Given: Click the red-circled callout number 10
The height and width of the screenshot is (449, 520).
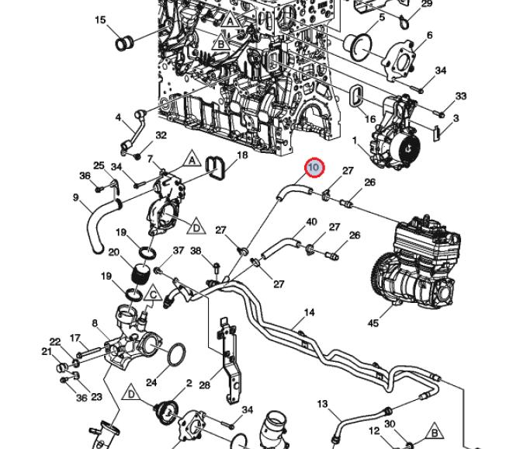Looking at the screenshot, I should point(314,168).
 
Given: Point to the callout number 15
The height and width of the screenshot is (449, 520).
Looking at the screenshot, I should point(100,19).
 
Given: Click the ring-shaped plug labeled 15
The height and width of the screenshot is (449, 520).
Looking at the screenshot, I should point(123,41).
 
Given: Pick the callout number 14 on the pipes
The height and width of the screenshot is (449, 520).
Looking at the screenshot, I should point(310,313).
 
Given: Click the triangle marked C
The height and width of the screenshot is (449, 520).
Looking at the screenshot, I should point(153,294).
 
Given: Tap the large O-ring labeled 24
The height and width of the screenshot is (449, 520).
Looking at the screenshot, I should point(176,355).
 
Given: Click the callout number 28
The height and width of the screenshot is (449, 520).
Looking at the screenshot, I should point(205,385).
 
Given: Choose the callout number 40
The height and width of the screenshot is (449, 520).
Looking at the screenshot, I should point(312,222).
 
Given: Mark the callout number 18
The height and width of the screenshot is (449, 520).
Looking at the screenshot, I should point(242,155).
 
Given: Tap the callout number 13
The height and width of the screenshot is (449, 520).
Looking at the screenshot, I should point(323,404).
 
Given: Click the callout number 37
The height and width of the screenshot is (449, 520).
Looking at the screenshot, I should point(179,250).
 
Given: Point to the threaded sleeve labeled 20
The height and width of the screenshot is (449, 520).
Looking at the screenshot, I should point(140,274).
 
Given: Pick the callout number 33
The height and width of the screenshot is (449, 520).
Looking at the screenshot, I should point(461,96).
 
